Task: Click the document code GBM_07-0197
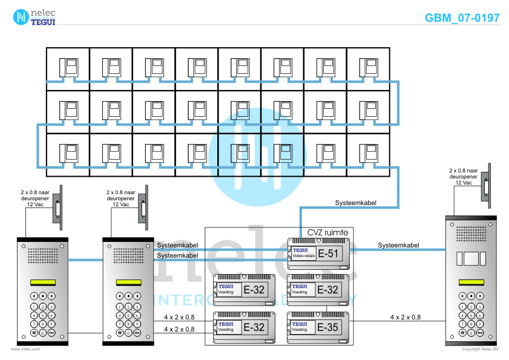(x=462, y=18)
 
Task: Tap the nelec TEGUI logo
(x=34, y=16)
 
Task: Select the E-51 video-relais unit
(x=319, y=254)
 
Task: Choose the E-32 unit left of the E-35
(x=245, y=327)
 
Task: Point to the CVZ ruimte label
(x=327, y=232)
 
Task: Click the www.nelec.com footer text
(x=26, y=349)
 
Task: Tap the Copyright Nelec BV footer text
(x=480, y=349)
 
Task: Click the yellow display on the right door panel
(x=471, y=283)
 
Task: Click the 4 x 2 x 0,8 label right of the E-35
(x=405, y=317)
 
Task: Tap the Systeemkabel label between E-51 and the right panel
(x=398, y=245)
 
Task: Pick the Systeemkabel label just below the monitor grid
(x=356, y=203)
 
